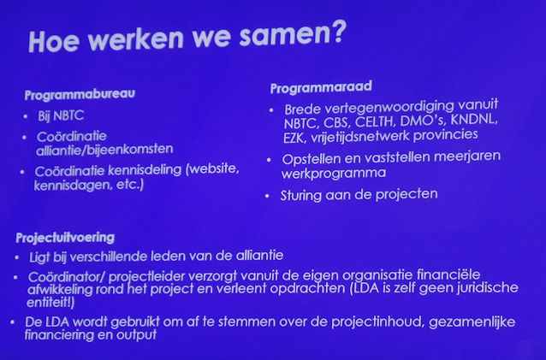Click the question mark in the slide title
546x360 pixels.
336,32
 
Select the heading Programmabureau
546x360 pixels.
80,94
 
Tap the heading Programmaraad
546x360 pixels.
321,87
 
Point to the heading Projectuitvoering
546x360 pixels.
65,238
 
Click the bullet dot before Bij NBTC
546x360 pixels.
26,116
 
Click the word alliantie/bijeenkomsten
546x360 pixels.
104,150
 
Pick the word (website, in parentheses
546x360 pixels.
212,168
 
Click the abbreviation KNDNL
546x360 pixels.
474,120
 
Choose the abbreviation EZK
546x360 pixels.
294,139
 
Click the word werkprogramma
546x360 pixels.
334,174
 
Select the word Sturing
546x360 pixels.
301,196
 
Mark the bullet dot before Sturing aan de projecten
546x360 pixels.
267,196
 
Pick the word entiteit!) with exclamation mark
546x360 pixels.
50,302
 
